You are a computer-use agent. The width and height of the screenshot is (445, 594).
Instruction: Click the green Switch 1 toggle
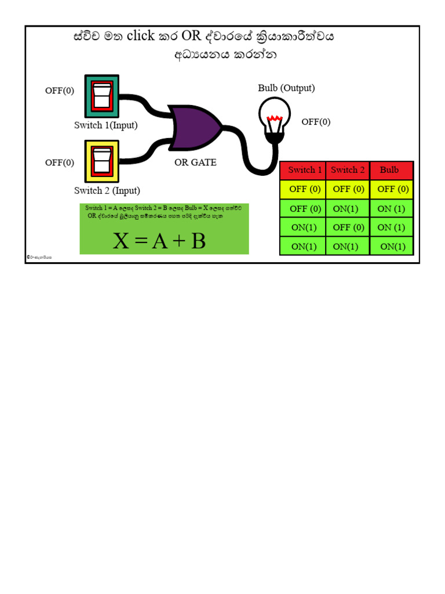[x=102, y=96]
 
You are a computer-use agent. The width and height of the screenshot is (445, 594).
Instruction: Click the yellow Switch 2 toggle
[x=102, y=161]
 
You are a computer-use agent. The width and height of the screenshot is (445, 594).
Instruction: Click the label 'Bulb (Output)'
[x=286, y=88]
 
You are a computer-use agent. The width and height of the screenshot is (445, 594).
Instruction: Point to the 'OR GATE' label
[x=195, y=162]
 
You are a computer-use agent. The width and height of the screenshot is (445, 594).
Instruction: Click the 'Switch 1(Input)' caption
[x=106, y=125]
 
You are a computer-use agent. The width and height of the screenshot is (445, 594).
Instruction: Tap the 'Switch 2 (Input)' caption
[x=107, y=191]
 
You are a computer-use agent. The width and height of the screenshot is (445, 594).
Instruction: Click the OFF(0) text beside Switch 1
[x=60, y=91]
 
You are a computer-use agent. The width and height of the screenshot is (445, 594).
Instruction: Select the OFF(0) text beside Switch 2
[x=60, y=162]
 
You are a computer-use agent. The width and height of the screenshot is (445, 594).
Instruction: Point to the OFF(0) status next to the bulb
[x=316, y=122]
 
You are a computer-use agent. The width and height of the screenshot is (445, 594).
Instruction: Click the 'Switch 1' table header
[x=305, y=170]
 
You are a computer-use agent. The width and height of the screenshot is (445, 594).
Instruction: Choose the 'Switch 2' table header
[x=348, y=170]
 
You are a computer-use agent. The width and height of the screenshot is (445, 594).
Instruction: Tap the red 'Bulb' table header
[x=389, y=170]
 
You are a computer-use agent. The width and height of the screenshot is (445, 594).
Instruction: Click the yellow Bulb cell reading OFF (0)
[x=393, y=189]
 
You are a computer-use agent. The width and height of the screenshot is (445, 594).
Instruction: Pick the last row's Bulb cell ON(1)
[x=393, y=247]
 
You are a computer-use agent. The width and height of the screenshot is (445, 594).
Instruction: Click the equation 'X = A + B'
[x=159, y=241]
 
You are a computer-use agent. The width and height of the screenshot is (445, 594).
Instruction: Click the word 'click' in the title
[x=141, y=36]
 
